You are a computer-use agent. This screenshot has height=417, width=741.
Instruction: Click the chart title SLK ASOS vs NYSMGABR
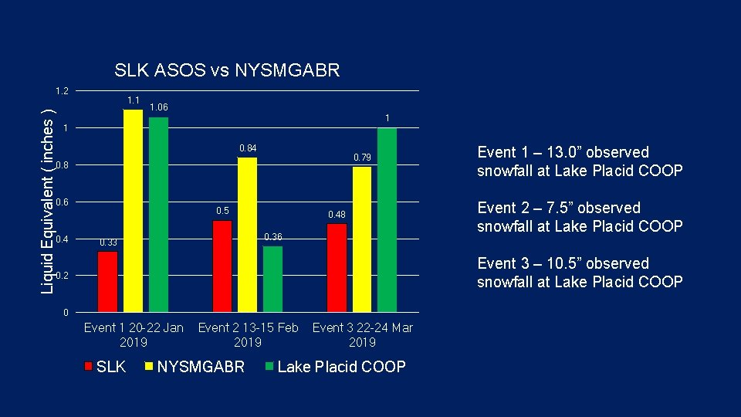coord(226,71)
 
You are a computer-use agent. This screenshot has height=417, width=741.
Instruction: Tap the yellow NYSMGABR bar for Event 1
coord(133,211)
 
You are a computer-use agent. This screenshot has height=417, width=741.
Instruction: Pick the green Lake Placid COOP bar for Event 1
coord(158,215)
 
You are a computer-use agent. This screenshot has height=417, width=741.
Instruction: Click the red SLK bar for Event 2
coord(222,266)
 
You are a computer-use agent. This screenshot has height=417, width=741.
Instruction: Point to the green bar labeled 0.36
coord(272,279)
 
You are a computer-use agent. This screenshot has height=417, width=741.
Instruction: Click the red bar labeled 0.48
coord(337,268)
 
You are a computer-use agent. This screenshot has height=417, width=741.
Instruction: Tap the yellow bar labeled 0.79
coord(362,239)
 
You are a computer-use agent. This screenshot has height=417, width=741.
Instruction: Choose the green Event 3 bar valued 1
coord(387,220)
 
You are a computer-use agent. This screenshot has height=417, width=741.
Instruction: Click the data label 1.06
coord(159,107)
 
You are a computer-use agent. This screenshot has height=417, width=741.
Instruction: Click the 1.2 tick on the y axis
coord(63,91)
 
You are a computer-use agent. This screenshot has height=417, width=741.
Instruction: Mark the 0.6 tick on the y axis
coord(63,202)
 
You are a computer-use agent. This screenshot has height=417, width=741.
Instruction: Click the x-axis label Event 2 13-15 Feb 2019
coord(248,335)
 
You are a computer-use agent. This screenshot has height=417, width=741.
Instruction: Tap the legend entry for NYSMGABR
coord(200,367)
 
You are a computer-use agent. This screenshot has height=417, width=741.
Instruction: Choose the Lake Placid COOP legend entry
coord(340,367)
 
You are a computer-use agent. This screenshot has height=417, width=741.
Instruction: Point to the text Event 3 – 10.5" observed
coord(563,263)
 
